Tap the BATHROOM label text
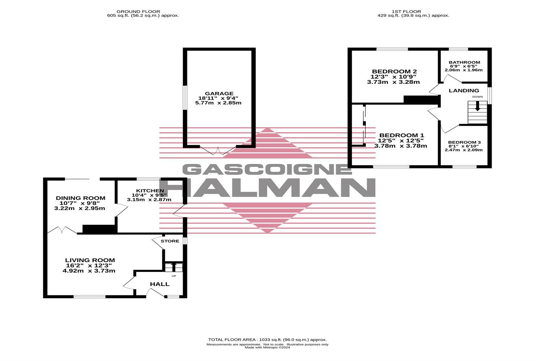pyautogui.click(x=464, y=62)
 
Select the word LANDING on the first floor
pyautogui.click(x=464, y=91)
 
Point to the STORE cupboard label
pyautogui.click(x=170, y=241)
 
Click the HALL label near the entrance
pyautogui.click(x=160, y=284)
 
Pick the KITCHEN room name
pyautogui.click(x=150, y=191)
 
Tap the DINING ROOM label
pyautogui.click(x=80, y=198)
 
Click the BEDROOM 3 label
pyautogui.click(x=464, y=142)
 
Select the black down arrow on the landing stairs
pyautogui.click(x=478, y=106)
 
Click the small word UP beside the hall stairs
pyautogui.click(x=174, y=276)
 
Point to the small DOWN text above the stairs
pyautogui.click(x=478, y=97)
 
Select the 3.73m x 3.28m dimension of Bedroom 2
pyautogui.click(x=393, y=82)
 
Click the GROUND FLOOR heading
pyautogui.click(x=143, y=12)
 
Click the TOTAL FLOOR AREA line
pyautogui.click(x=267, y=340)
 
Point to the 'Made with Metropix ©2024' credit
pyautogui.click(x=267, y=348)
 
